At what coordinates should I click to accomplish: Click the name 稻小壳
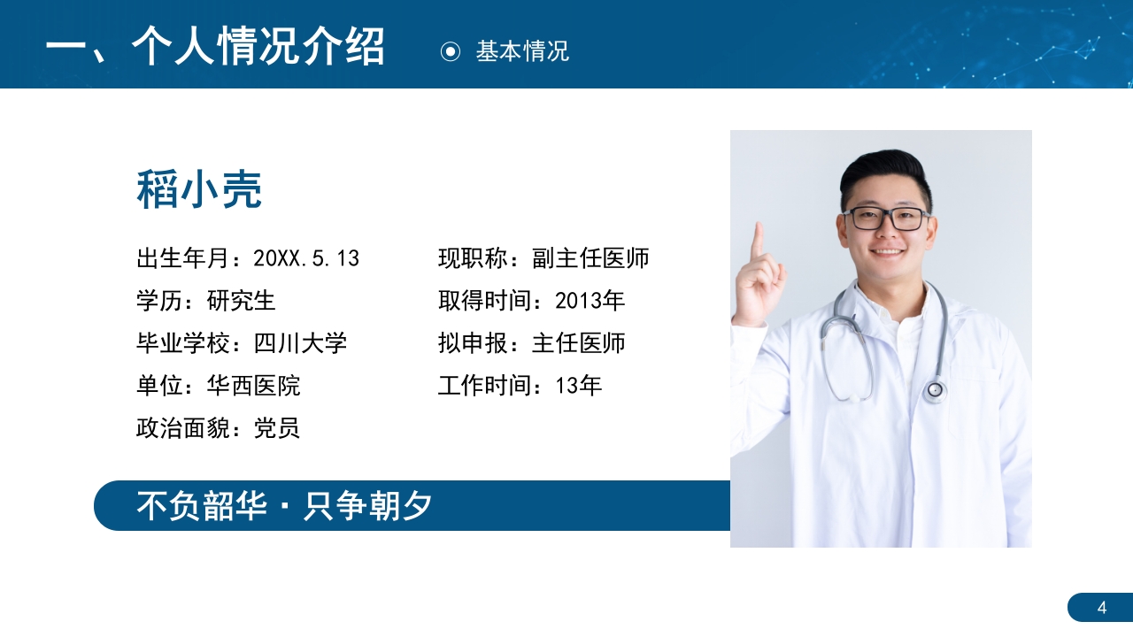point(199,190)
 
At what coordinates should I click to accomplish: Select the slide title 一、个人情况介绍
point(215,46)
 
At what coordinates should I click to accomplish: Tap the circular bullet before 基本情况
point(451,51)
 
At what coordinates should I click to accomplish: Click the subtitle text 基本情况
point(522,51)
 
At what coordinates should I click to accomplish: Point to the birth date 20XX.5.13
point(306,258)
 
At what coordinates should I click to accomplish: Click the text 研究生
point(242,301)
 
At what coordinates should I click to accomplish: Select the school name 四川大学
point(300,343)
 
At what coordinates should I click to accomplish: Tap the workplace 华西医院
point(253,386)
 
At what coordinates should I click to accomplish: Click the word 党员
point(277,428)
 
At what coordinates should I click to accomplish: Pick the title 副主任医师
point(590,258)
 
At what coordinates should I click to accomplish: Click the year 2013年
point(590,301)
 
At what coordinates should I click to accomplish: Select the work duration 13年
point(579,386)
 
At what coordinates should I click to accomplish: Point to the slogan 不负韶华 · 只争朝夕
point(284,505)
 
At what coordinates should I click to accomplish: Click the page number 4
point(1102,607)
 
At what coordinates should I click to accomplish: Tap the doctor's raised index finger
point(757,242)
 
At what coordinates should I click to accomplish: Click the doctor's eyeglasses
point(885,218)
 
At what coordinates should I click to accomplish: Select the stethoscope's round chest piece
point(935,389)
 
